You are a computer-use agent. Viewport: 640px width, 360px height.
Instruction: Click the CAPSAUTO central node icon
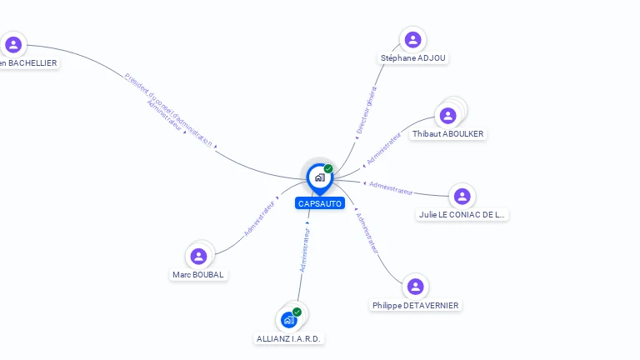click(x=319, y=177)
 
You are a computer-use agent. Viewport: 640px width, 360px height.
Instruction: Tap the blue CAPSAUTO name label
click(x=319, y=203)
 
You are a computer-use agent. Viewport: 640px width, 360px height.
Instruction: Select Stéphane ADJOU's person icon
click(x=412, y=39)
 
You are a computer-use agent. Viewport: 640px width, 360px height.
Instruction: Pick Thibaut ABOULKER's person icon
click(x=448, y=116)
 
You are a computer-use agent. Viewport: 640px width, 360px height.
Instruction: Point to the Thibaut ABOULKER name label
click(x=448, y=134)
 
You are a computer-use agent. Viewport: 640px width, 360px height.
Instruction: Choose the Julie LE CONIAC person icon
click(x=462, y=196)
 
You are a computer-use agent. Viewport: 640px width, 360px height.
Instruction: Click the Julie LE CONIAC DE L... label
click(x=462, y=214)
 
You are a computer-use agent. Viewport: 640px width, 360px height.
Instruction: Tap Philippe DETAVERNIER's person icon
click(x=415, y=287)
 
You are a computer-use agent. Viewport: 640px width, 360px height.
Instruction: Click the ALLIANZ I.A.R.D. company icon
click(x=288, y=320)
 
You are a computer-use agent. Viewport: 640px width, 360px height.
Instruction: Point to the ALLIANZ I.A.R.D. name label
click(x=289, y=339)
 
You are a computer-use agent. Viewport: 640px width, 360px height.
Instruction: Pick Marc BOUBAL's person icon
click(x=198, y=256)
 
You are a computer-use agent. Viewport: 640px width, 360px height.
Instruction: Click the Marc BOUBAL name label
click(x=198, y=275)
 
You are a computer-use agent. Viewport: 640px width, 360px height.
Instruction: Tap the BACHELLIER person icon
click(x=12, y=44)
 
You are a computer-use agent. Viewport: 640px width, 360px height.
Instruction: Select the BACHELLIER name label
click(x=28, y=62)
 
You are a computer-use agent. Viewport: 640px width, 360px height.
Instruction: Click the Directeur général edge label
click(x=367, y=110)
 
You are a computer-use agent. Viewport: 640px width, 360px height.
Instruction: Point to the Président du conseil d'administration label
click(x=168, y=109)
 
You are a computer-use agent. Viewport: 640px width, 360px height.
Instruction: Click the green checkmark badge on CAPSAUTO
click(x=328, y=168)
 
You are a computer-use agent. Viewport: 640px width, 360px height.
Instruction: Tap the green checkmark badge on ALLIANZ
click(x=297, y=312)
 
